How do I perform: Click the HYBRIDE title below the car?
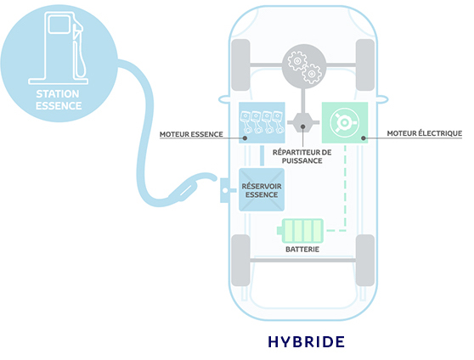click(x=306, y=341)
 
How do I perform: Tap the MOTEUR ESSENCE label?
click(x=191, y=134)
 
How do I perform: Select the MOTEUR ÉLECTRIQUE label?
click(x=425, y=133)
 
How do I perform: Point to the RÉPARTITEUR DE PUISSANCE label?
click(x=302, y=156)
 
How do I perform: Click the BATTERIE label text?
click(x=302, y=250)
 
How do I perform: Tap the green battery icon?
click(x=300, y=231)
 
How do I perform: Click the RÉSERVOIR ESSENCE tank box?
click(x=262, y=189)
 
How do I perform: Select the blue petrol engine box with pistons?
click(x=262, y=122)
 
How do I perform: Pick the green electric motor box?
click(x=345, y=122)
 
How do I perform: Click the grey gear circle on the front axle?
click(x=304, y=66)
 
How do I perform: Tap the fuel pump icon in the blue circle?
click(x=59, y=48)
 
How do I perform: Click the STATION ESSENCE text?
click(x=59, y=99)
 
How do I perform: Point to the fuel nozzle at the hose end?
click(x=191, y=186)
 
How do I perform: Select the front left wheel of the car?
click(x=240, y=65)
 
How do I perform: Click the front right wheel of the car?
click(x=365, y=65)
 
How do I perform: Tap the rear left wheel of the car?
click(x=240, y=261)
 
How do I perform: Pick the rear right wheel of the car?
click(x=365, y=261)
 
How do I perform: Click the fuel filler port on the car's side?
click(x=225, y=190)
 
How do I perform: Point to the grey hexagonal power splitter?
click(x=303, y=122)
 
